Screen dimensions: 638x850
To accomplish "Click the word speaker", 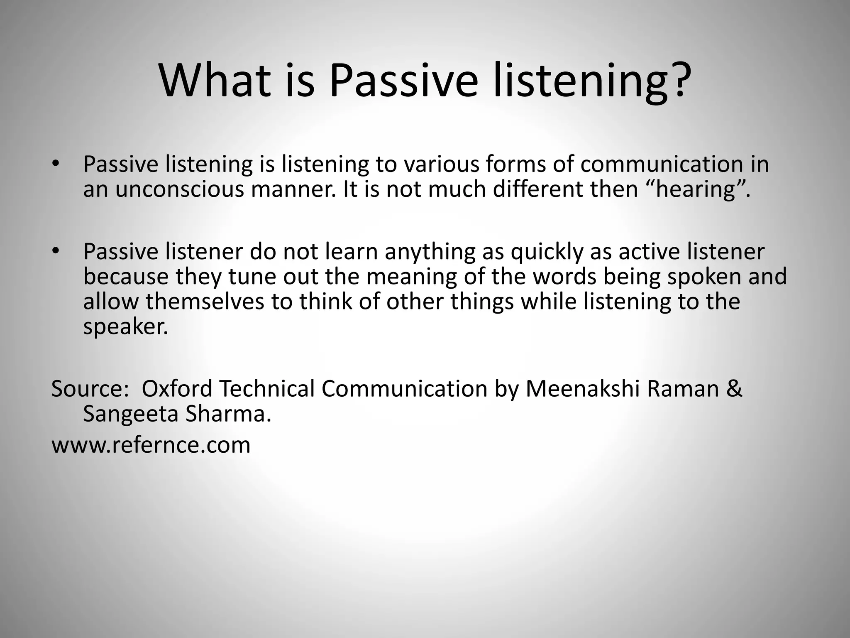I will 125,327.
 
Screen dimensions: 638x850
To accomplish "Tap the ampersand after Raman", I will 734,389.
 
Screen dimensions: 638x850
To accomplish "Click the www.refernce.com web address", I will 151,445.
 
